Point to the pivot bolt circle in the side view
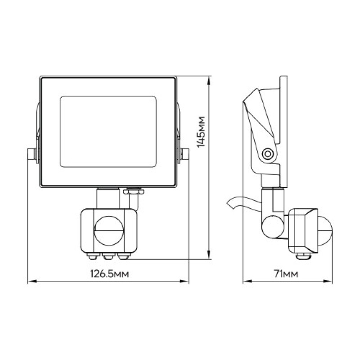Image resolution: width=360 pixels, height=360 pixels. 267,153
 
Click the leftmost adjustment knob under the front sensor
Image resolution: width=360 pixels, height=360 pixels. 93,256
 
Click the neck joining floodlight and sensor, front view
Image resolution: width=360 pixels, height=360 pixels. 108,198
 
